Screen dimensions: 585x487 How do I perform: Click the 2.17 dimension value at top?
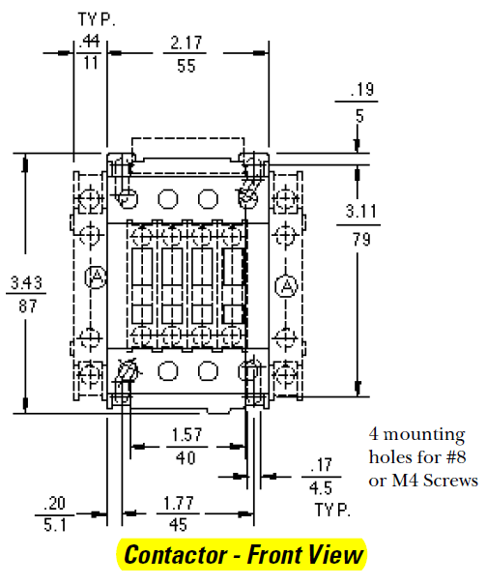pos(186,45)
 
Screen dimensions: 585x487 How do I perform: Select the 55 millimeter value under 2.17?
pos(186,67)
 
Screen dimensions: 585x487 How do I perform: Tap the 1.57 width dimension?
pos(186,435)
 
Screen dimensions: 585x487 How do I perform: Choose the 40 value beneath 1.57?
pos(186,456)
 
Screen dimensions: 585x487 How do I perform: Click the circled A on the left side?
pos(96,278)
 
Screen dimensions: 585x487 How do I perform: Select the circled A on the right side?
pos(286,286)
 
